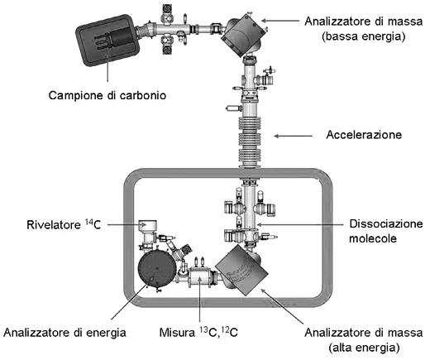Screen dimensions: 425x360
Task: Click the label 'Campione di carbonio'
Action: pyautogui.click(x=107, y=95)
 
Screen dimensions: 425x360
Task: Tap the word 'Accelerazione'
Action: pyautogui.click(x=364, y=135)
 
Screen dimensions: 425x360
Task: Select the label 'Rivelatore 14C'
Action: pyautogui.click(x=64, y=224)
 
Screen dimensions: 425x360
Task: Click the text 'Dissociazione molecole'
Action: pyautogui.click(x=385, y=231)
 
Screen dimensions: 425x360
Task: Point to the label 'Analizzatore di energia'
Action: pyautogui.click(x=64, y=333)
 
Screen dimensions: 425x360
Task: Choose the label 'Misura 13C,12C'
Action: pyautogui.click(x=198, y=332)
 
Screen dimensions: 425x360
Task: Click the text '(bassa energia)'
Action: pyautogui.click(x=364, y=36)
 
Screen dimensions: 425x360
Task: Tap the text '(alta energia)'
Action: pyautogui.click(x=364, y=348)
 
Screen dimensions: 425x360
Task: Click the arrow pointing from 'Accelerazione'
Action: pyautogui.click(x=294, y=136)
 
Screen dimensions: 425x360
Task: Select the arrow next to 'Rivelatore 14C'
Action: pyautogui.click(x=127, y=225)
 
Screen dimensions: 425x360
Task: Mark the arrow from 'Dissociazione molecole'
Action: pyautogui.click(x=301, y=224)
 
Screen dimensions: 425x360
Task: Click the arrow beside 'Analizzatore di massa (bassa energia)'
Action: pyautogui.click(x=280, y=21)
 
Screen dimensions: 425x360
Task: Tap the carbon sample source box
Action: pyautogui.click(x=108, y=41)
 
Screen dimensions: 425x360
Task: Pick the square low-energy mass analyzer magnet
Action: pyautogui.click(x=244, y=35)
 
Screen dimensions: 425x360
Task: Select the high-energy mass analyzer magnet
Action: pyautogui.click(x=241, y=270)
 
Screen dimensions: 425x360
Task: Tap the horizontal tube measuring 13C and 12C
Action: pyautogui.click(x=199, y=278)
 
